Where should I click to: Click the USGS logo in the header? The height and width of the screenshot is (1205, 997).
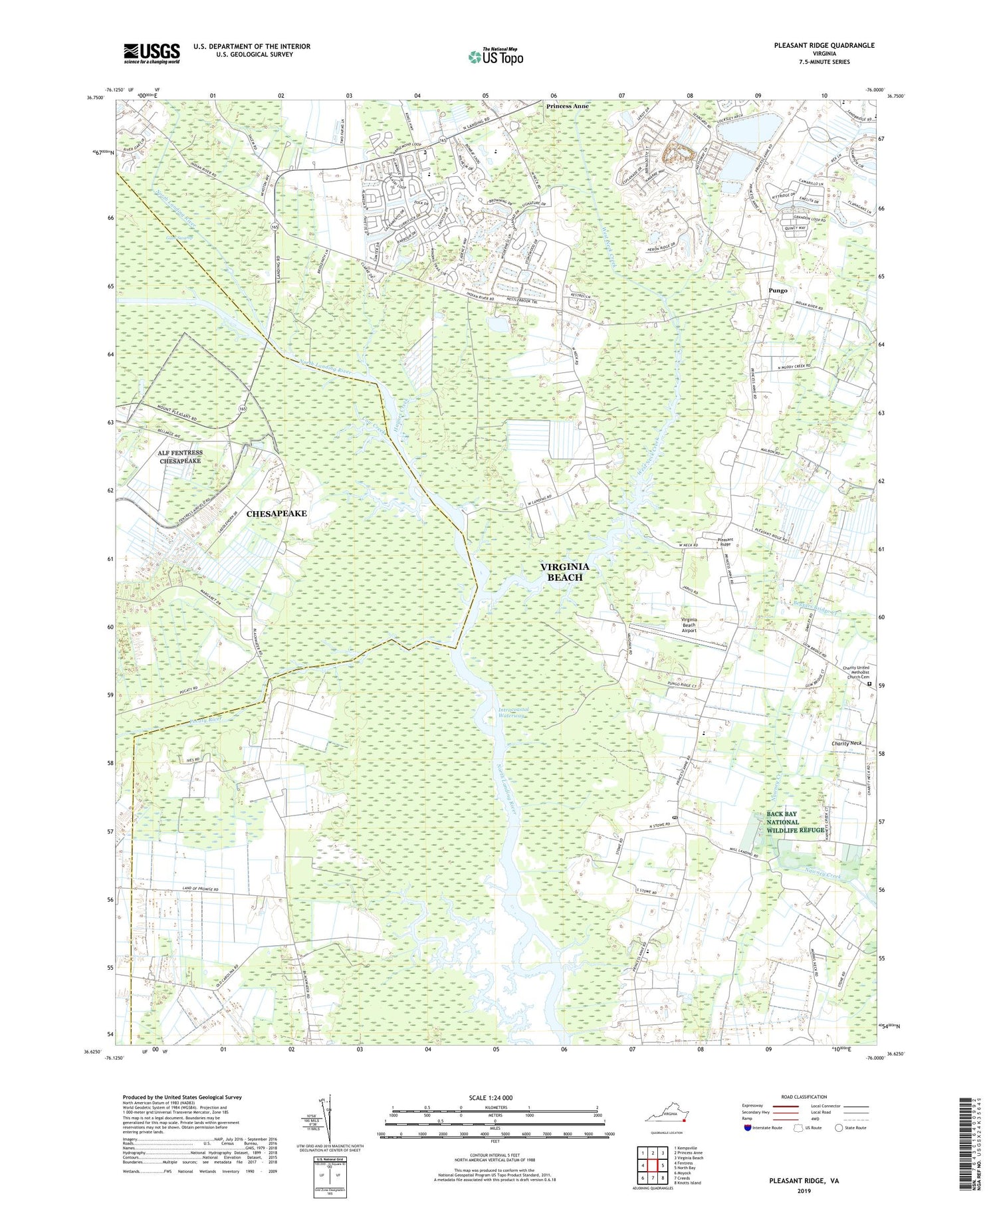tap(152, 53)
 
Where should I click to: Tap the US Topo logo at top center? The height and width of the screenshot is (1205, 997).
tap(495, 56)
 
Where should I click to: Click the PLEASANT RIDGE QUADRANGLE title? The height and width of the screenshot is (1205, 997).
tap(824, 45)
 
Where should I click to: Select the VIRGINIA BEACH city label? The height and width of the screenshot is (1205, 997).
tap(564, 572)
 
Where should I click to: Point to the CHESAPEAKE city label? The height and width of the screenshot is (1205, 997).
tap(277, 514)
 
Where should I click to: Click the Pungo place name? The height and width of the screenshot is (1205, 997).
tap(778, 290)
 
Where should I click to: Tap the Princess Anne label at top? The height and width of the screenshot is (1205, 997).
tap(567, 106)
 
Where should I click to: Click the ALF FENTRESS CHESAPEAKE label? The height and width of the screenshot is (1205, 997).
tap(180, 457)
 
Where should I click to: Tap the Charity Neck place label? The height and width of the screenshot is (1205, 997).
tap(846, 743)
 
